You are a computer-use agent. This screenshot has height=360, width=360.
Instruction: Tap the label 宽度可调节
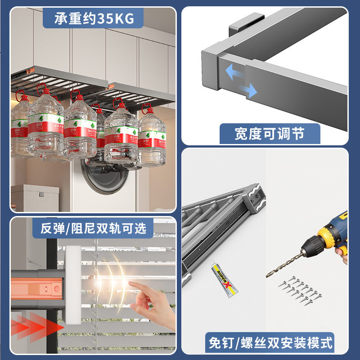(270, 134)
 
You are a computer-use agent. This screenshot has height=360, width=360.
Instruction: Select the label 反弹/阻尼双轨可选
(93, 228)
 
